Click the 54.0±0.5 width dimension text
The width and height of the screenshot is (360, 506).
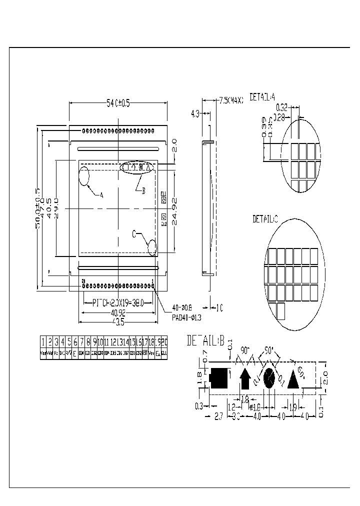118,103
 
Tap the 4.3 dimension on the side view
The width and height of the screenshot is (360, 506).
195,114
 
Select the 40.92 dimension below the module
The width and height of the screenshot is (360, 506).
118,313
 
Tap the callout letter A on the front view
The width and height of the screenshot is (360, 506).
101,195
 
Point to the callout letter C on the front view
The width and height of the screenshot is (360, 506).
134,233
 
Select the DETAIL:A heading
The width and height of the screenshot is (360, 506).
262,97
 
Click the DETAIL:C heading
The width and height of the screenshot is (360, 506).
265,219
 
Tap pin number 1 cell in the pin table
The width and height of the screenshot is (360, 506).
43,342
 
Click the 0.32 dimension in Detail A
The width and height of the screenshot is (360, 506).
281,106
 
